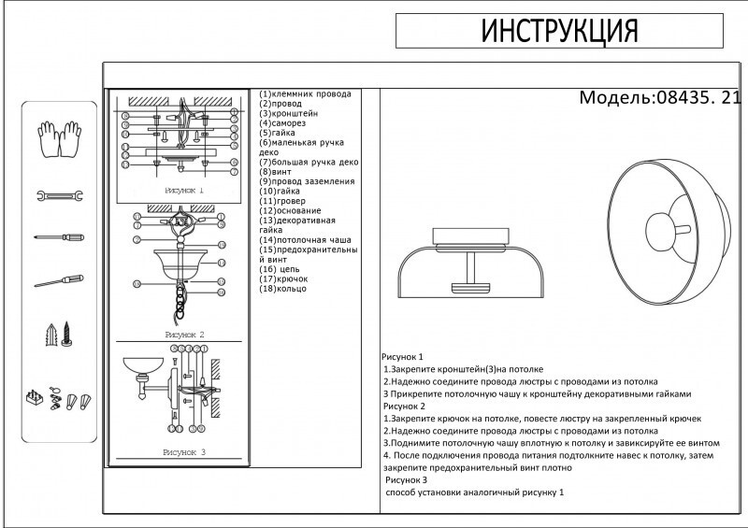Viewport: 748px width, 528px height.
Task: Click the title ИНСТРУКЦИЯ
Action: click(559, 32)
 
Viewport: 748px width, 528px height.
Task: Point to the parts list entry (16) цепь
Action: click(281, 269)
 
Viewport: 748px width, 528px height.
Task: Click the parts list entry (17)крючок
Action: click(284, 278)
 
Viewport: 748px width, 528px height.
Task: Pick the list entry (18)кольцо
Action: click(283, 289)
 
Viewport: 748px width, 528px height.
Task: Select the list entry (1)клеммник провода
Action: click(306, 94)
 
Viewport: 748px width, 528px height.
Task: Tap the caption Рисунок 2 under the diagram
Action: click(183, 334)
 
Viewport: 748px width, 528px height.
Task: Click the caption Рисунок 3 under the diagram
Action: click(183, 451)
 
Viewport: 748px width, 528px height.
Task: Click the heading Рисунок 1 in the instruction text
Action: click(403, 358)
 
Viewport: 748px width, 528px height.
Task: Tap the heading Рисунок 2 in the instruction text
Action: click(404, 407)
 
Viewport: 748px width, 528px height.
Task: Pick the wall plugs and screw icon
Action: click(60, 334)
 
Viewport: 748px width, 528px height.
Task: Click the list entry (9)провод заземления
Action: click(308, 181)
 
